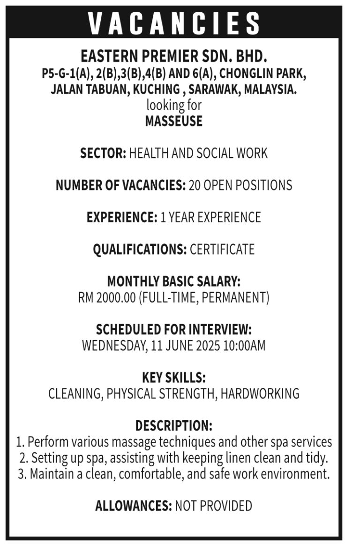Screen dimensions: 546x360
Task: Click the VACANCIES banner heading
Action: (174, 22)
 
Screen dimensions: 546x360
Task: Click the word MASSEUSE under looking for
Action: (174, 121)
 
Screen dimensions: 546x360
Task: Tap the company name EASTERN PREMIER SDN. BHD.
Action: (174, 57)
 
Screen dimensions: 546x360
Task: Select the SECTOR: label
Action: (103, 153)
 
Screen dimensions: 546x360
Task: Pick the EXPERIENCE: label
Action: (122, 218)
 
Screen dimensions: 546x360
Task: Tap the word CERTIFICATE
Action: (222, 250)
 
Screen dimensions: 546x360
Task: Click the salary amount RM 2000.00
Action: (107, 298)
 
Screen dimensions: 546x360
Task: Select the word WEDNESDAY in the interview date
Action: (114, 346)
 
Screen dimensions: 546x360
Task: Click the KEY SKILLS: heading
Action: (174, 378)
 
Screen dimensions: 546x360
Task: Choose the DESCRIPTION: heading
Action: (174, 426)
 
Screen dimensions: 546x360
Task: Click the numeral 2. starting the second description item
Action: (23, 458)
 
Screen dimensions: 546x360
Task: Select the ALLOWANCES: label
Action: (133, 506)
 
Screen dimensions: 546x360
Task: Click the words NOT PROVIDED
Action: (213, 506)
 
